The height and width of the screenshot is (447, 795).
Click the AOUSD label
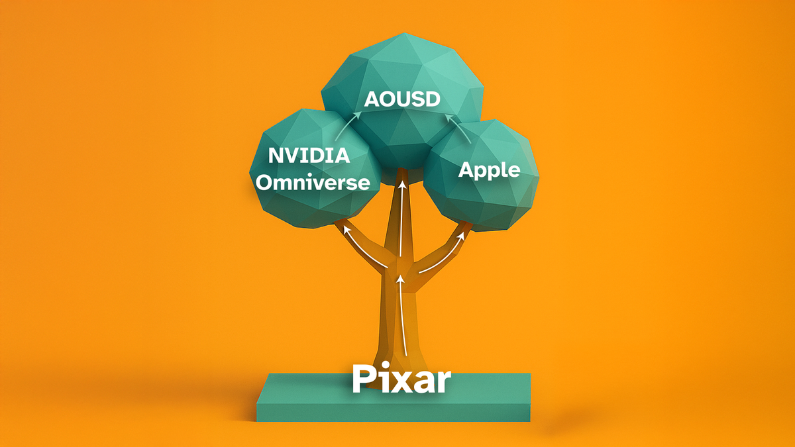tap(402, 99)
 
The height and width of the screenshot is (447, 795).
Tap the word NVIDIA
tap(309, 156)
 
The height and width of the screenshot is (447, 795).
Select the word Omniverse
tap(313, 183)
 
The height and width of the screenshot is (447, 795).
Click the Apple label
tap(489, 171)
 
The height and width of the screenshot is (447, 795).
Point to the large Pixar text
tap(401, 379)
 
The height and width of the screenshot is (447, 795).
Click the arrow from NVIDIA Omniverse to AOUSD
tap(346, 124)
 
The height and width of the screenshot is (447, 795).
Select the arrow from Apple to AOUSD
tap(459, 127)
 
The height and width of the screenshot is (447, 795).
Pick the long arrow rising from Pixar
tap(403, 315)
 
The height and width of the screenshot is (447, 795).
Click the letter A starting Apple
tap(466, 170)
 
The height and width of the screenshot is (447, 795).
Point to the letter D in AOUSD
tap(433, 99)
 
